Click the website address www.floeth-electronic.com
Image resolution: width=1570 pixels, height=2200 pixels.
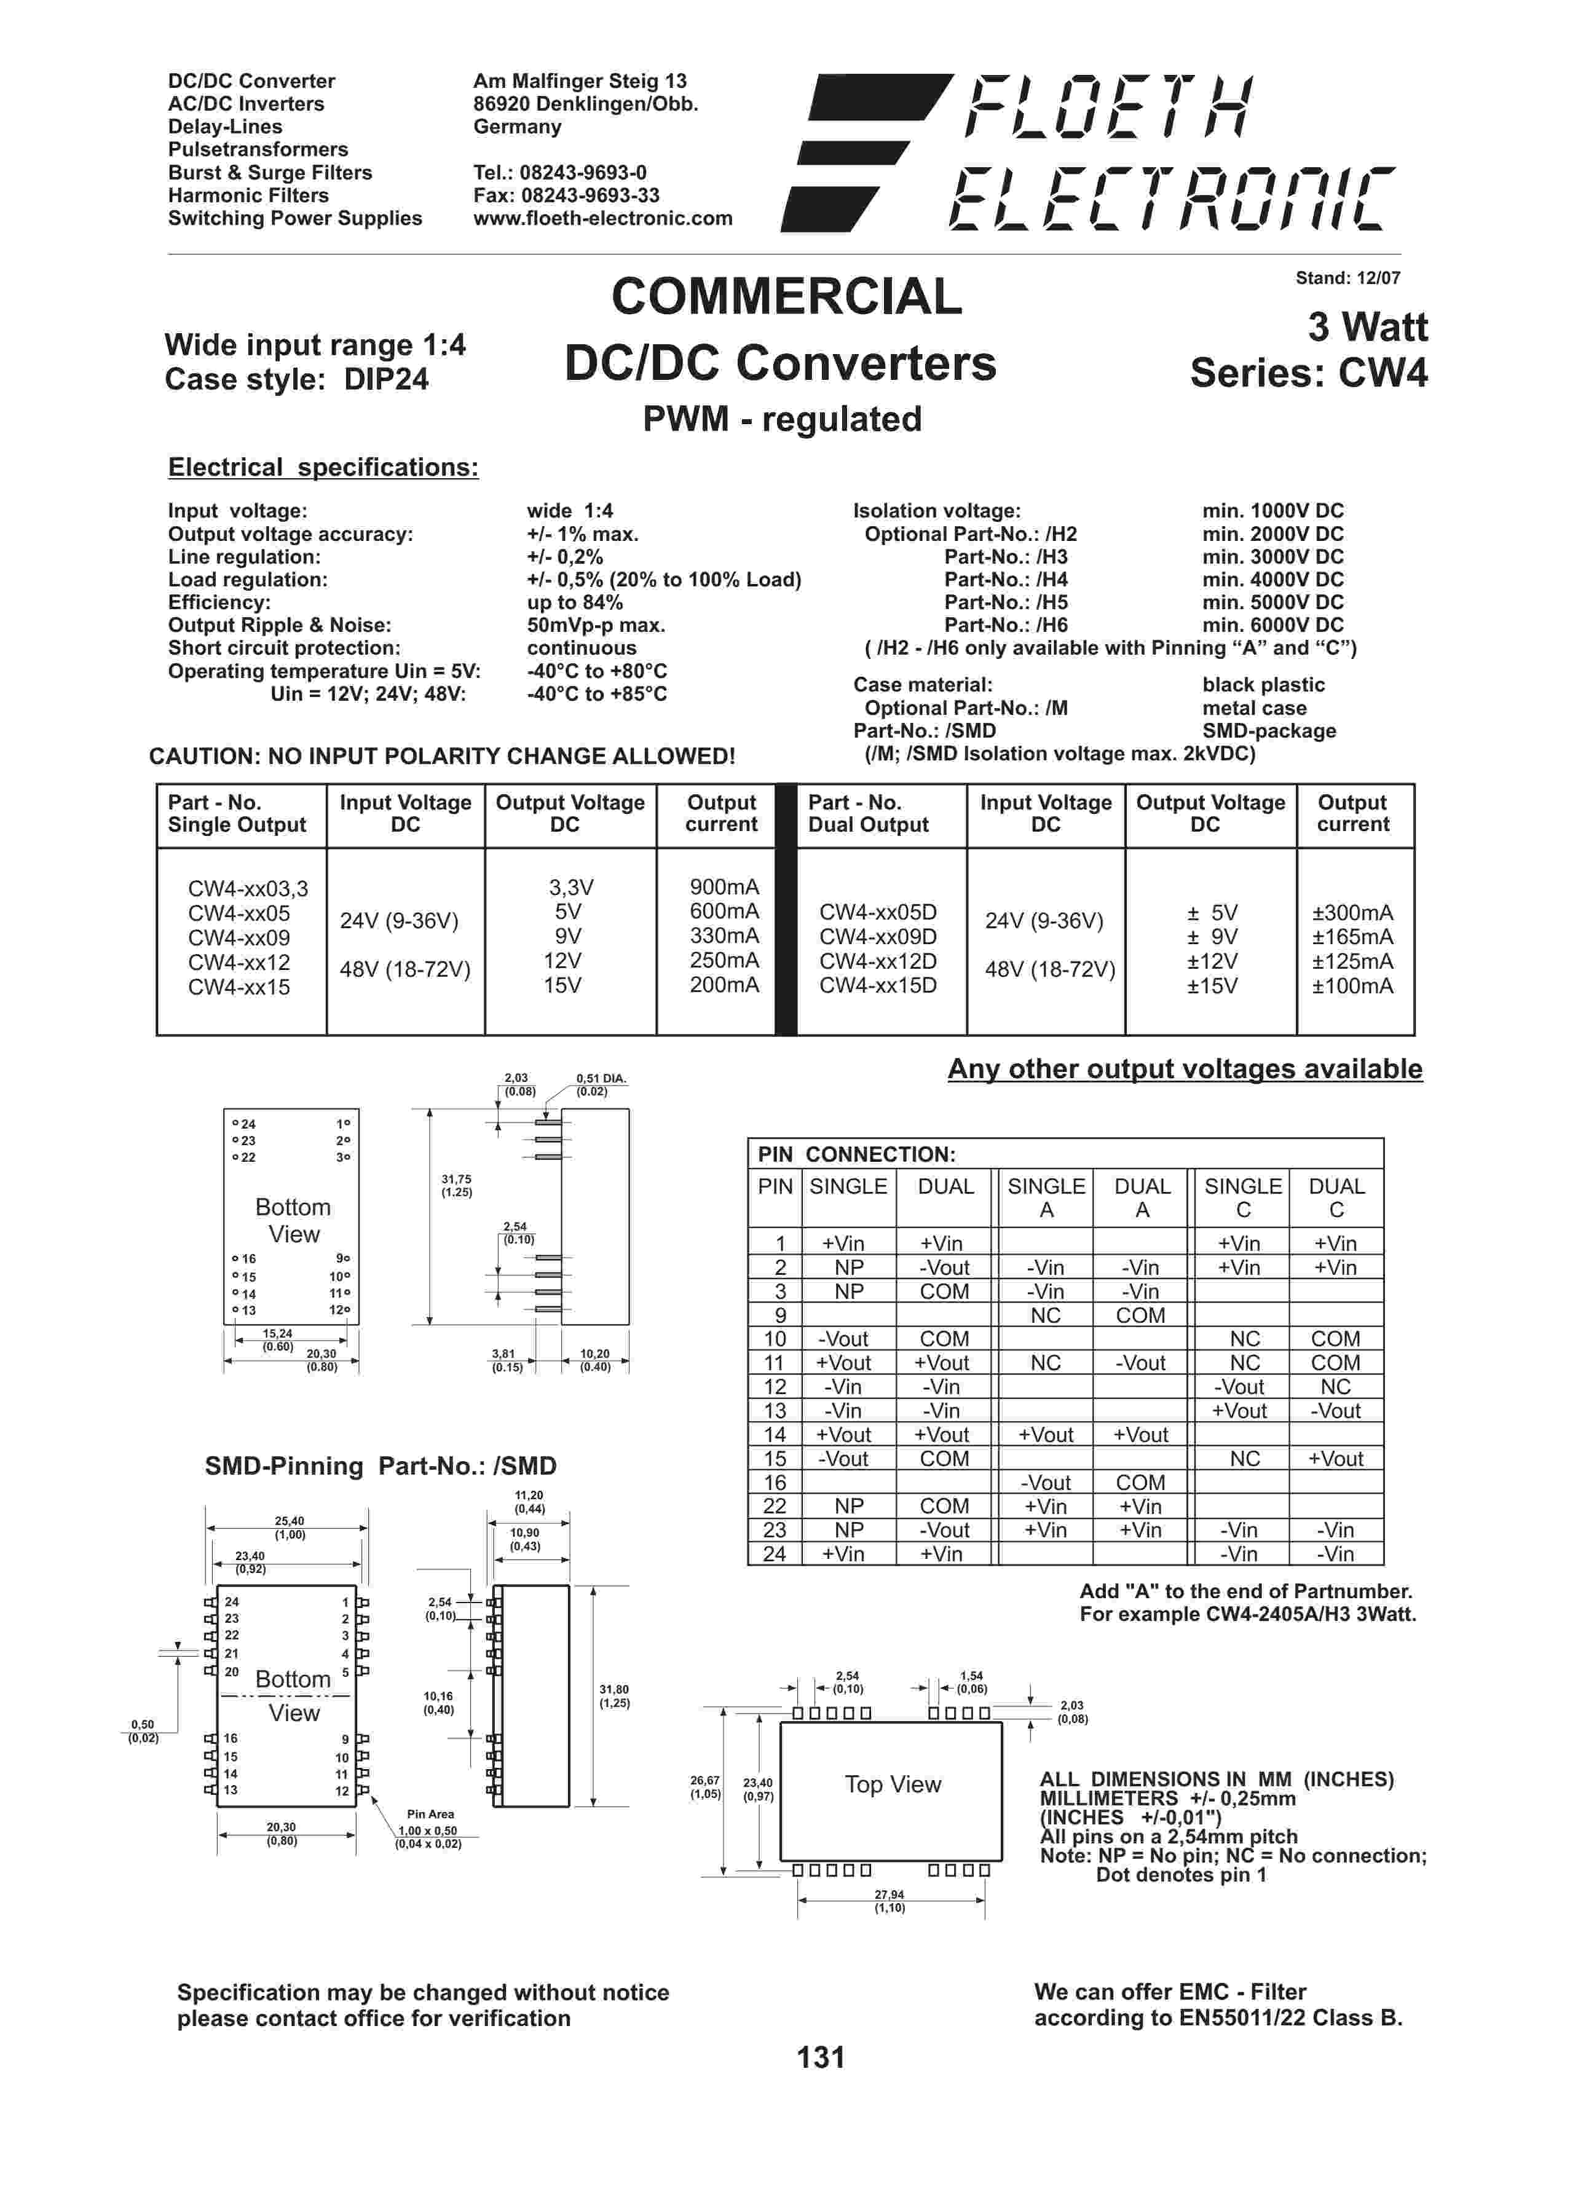click(602, 218)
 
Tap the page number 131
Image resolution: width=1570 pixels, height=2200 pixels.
click(821, 2057)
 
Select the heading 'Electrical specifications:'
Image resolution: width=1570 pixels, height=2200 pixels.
click(323, 468)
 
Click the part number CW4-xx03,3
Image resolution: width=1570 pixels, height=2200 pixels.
click(248, 888)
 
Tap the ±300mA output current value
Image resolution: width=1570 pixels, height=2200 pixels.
click(1352, 912)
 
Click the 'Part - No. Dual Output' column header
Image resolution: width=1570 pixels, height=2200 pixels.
click(868, 814)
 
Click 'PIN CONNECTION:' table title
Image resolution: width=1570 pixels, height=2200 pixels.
click(856, 1154)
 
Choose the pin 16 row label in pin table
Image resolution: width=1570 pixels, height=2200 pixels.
click(775, 1483)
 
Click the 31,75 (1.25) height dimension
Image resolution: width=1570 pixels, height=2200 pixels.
click(456, 1185)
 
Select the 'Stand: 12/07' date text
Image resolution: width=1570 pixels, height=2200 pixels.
click(1347, 278)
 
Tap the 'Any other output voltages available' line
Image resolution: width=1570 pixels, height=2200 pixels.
click(1185, 1069)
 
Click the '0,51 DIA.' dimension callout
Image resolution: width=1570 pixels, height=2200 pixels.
click(601, 1078)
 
